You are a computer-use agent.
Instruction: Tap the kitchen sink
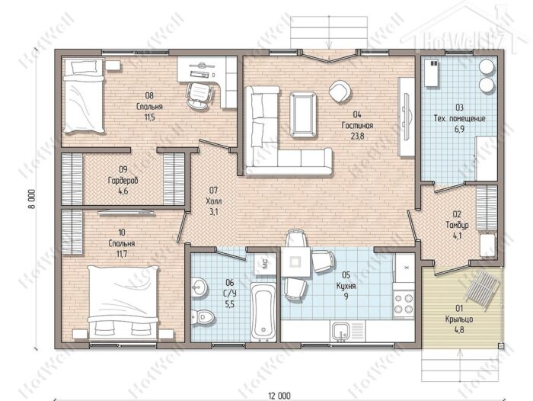point(340,331)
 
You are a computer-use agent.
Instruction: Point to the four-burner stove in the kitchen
point(404,304)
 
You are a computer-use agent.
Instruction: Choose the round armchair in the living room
point(340,91)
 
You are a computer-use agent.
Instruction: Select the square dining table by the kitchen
point(295,261)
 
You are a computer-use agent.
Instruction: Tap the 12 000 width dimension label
point(279,396)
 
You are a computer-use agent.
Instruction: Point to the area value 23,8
point(357,136)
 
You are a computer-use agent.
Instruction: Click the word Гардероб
point(123,181)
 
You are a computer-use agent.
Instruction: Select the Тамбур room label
point(457,225)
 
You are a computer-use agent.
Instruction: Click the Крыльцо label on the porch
point(459,319)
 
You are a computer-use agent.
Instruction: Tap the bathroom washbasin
point(198,287)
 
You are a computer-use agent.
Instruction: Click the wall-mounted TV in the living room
point(407,117)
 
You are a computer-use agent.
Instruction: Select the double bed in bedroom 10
point(123,303)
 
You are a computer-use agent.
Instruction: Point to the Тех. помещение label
point(459,118)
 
